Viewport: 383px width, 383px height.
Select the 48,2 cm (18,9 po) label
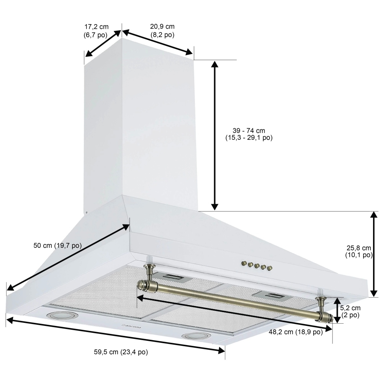pyautogui.click(x=295, y=332)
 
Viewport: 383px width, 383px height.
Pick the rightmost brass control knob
pyautogui.click(x=270, y=268)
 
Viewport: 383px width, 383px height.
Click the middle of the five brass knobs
pyautogui.click(x=257, y=265)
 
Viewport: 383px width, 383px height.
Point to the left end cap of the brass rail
pyautogui.click(x=142, y=285)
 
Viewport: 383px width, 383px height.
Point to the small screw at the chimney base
pyautogui.click(x=87, y=213)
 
